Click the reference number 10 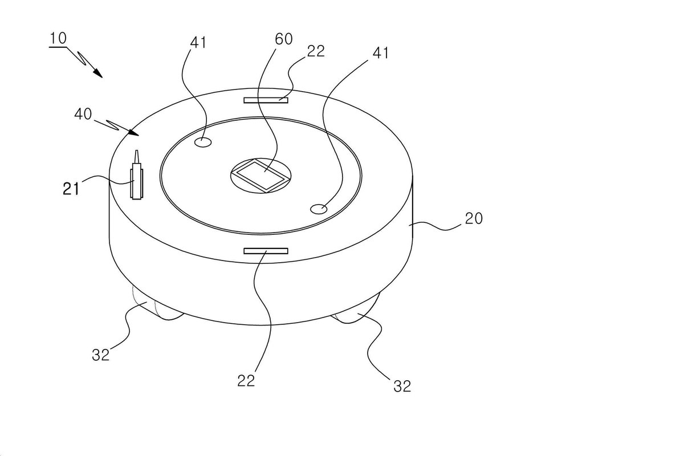coord(58,39)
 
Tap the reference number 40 coord(83,114)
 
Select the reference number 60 coord(284,39)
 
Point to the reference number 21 coord(71,189)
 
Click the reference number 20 coord(474,219)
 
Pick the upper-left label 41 coord(198,42)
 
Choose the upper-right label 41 coord(381,53)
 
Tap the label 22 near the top coord(316,51)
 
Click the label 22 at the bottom coord(246,381)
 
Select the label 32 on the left coord(101,355)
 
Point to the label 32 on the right coord(402,386)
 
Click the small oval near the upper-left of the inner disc coord(203,142)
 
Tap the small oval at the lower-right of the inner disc coord(319,209)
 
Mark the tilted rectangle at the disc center coord(261,176)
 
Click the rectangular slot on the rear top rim coord(266,100)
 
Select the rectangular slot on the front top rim coord(266,251)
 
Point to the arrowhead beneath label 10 coord(97,73)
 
